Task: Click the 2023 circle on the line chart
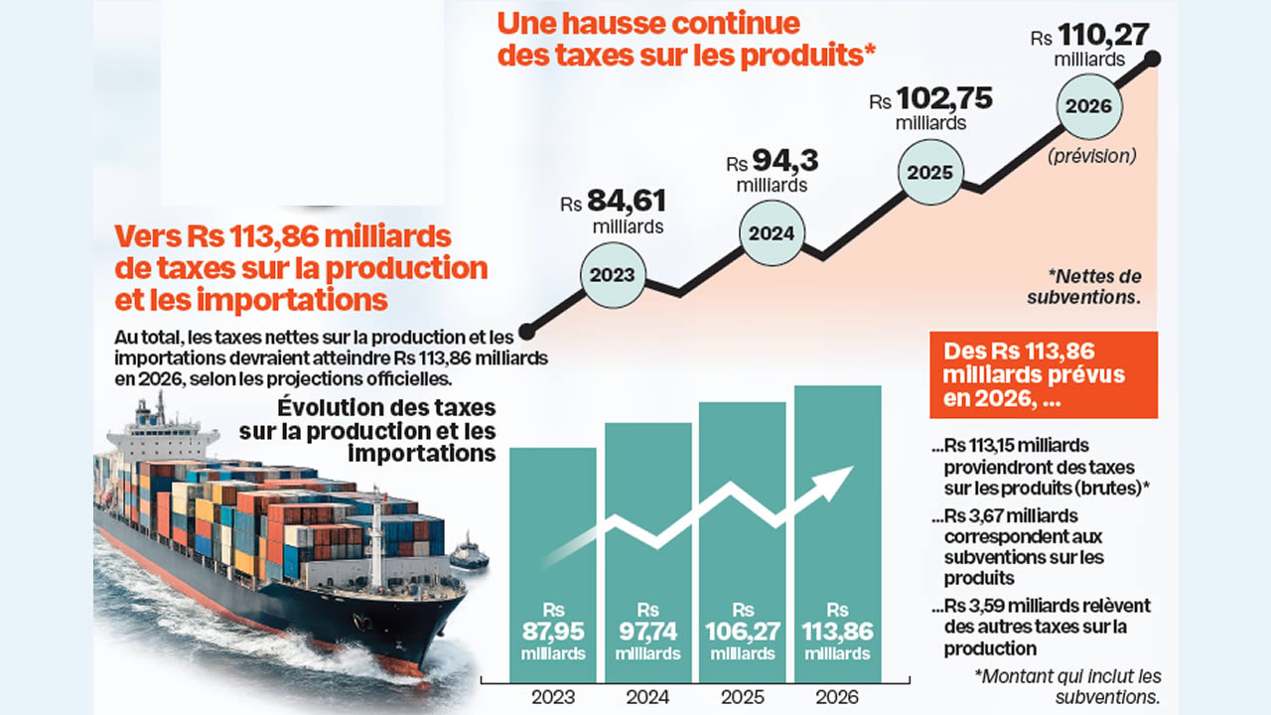(613, 275)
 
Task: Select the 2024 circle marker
(772, 234)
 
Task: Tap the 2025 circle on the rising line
(930, 173)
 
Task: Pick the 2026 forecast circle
(1090, 107)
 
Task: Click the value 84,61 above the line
(626, 202)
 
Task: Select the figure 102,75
(944, 99)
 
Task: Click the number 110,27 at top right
(1103, 36)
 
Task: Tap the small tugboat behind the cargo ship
(468, 552)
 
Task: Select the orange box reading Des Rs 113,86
(1044, 374)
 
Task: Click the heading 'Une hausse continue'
(648, 23)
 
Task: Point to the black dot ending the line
(1153, 59)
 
